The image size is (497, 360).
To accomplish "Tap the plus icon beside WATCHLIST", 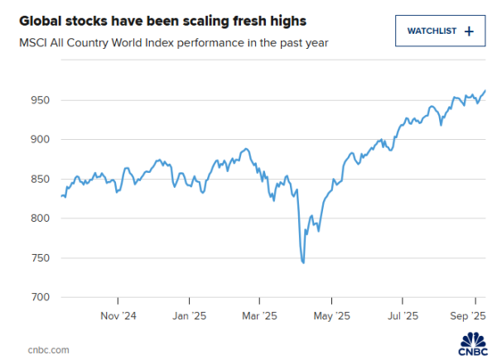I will coord(469,31).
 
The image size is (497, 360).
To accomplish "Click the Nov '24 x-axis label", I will coord(118,315).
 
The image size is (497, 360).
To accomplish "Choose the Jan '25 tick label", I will coord(190,315).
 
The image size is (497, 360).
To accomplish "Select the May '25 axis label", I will coord(332,315).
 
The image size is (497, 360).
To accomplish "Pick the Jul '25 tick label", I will coord(403,315).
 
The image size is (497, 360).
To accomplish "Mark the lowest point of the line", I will coord(304,263).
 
